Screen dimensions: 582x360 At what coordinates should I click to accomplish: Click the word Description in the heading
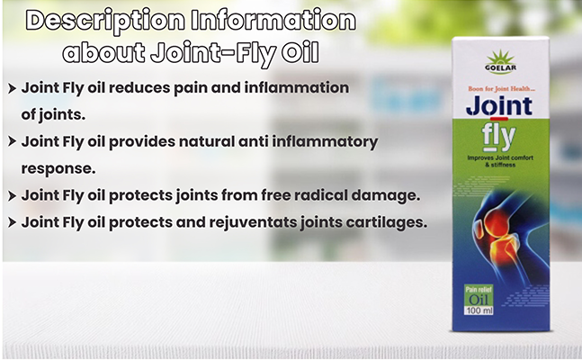pyautogui.click(x=105, y=21)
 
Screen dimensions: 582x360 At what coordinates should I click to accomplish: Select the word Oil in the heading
pyautogui.click(x=300, y=53)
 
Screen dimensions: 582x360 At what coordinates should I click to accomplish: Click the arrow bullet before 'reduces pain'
pyautogui.click(x=12, y=89)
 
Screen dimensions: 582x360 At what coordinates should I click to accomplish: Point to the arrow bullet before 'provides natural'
pyautogui.click(x=12, y=141)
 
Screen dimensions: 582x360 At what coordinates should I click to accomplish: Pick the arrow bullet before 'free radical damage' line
pyautogui.click(x=12, y=196)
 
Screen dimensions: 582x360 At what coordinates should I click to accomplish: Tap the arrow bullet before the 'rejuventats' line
pyautogui.click(x=12, y=222)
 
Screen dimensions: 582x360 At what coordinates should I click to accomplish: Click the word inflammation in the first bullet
pyautogui.click(x=297, y=87)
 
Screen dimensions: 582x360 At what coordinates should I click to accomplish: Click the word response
pyautogui.click(x=58, y=169)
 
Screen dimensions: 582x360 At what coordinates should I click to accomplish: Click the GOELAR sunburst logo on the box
pyautogui.click(x=500, y=61)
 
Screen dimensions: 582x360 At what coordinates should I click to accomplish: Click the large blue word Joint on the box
pyautogui.click(x=499, y=107)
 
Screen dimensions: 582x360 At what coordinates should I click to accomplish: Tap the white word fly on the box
pyautogui.click(x=498, y=138)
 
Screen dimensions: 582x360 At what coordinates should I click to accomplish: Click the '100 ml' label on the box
pyautogui.click(x=479, y=310)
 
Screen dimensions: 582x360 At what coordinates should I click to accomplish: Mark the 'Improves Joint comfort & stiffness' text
pyautogui.click(x=500, y=161)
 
